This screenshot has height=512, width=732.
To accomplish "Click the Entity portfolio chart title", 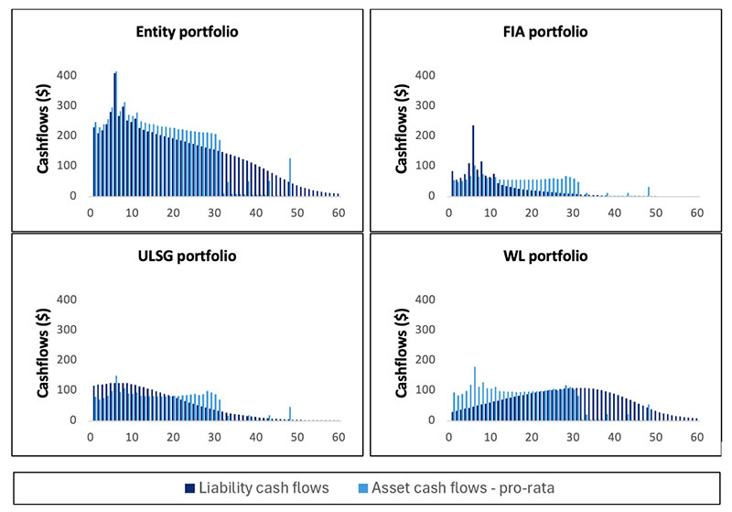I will coord(187,31).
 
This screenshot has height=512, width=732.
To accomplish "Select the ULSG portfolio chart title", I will coord(187,255).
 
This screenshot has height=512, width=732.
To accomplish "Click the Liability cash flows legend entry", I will coord(263,487).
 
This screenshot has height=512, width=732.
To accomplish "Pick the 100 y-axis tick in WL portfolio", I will coord(427,389).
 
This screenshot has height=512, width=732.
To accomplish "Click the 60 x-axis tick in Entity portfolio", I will coord(339,212).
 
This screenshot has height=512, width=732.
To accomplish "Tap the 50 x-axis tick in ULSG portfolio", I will coord(297,437).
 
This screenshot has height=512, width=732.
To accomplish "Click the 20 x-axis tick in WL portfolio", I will coord(531,437).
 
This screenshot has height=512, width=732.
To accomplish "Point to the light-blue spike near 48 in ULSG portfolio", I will coord(290,413).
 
